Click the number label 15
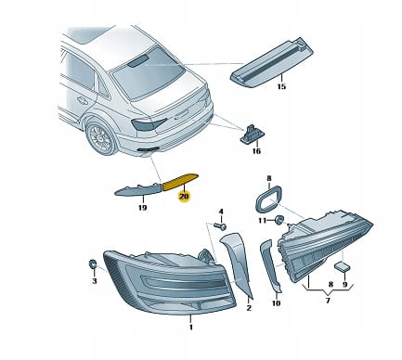tap(281, 86)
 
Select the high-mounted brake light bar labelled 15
tap(272, 64)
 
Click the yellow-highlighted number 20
tap(184, 196)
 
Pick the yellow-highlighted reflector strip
tap(180, 182)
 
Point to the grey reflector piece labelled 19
tap(138, 189)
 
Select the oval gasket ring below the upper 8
tap(268, 199)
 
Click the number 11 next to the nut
tap(262, 220)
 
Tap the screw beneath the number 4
tap(221, 226)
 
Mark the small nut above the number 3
tap(93, 265)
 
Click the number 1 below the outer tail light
tap(191, 327)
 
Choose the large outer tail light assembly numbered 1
tap(170, 282)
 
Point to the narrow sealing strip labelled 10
tap(271, 266)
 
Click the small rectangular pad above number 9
tap(342, 266)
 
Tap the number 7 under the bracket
tap(328, 300)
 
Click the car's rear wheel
tap(101, 138)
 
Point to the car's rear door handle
tap(83, 100)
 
